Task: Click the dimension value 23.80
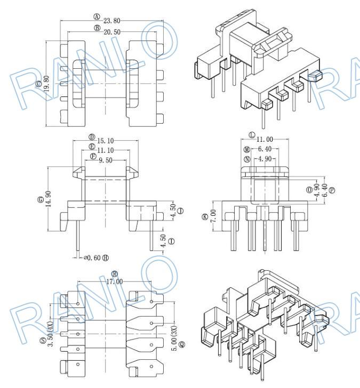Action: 112,21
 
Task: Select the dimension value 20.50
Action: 111,32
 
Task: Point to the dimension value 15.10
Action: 106,141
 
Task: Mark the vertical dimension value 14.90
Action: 48,200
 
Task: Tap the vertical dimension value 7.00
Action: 213,216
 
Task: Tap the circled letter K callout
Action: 205,216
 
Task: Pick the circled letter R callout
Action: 114,273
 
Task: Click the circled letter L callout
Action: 252,135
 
